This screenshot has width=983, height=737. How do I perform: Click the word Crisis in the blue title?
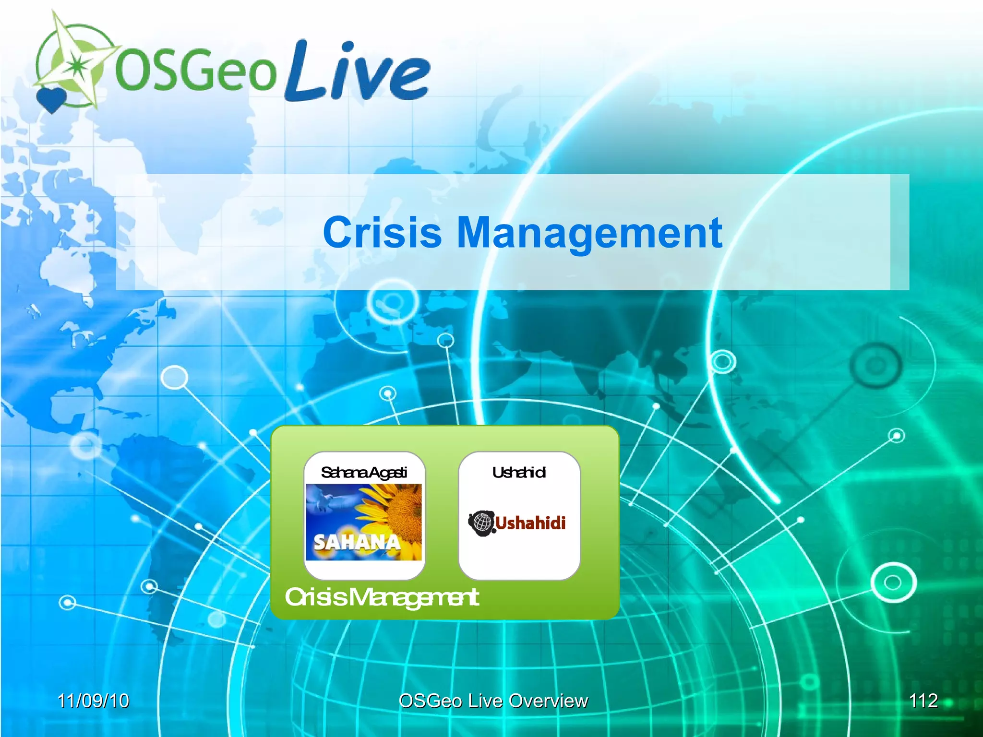[x=382, y=233]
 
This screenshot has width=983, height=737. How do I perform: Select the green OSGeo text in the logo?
[x=196, y=71]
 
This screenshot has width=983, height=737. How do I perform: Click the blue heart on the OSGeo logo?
[x=51, y=99]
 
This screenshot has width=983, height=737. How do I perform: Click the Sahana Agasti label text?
[x=364, y=473]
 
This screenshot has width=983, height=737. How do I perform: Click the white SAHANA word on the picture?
[x=357, y=543]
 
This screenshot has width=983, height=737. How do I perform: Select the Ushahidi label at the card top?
[x=519, y=473]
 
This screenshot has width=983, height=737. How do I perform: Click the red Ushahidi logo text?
[x=530, y=523]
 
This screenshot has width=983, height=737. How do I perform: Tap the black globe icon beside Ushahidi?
[x=481, y=523]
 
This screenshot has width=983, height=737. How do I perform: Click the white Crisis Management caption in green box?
[x=382, y=597]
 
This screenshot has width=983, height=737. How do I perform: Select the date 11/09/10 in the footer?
[x=93, y=701]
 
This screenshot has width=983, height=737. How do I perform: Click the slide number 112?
[x=923, y=701]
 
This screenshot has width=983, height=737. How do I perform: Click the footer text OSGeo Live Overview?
[x=493, y=701]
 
